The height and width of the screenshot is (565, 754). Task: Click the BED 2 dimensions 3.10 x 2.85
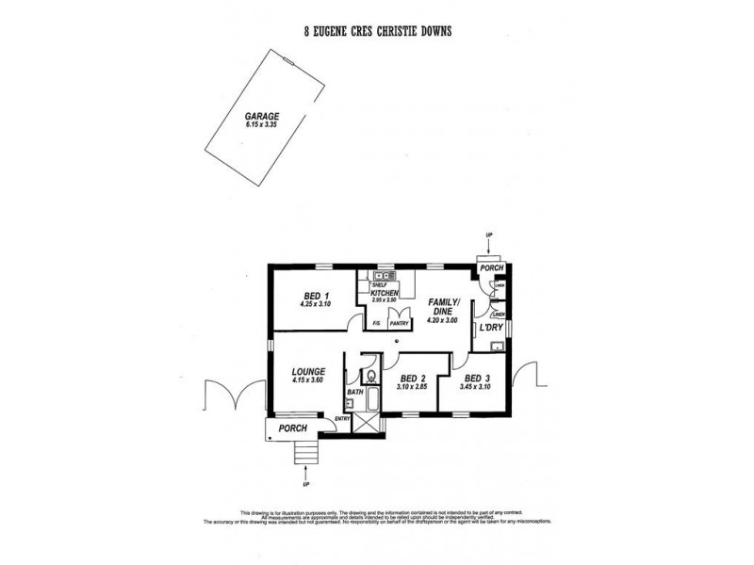pos(411,386)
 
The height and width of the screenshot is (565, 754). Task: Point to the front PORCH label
pos(292,429)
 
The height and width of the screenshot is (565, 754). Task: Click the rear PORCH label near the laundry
pos(492,267)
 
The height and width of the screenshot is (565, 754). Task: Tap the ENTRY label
pos(343,418)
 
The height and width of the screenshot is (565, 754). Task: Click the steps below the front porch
pos(304,455)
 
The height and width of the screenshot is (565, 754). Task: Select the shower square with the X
pos(363,424)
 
